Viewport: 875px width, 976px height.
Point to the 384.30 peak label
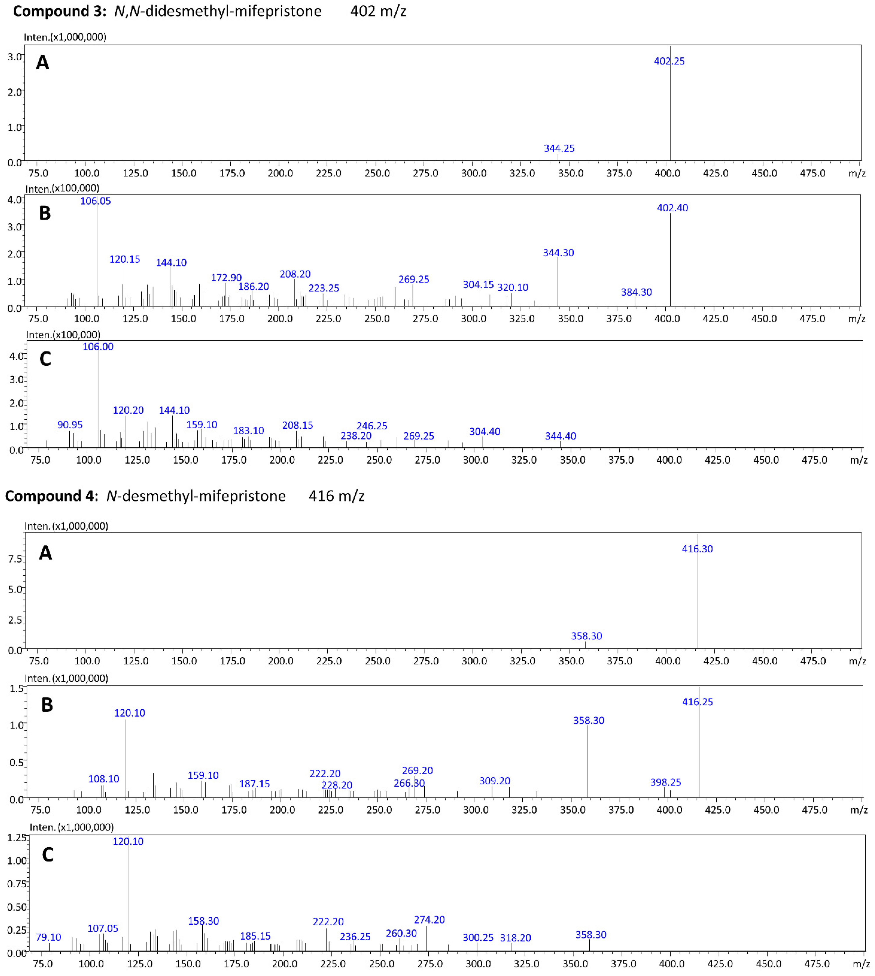click(636, 292)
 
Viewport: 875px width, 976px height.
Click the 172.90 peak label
click(226, 278)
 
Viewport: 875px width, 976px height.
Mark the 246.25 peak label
click(372, 426)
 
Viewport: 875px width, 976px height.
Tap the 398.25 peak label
click(665, 782)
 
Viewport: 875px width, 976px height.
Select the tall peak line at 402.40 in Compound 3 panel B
click(670, 260)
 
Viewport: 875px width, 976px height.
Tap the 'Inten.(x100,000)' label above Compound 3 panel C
click(63, 335)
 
